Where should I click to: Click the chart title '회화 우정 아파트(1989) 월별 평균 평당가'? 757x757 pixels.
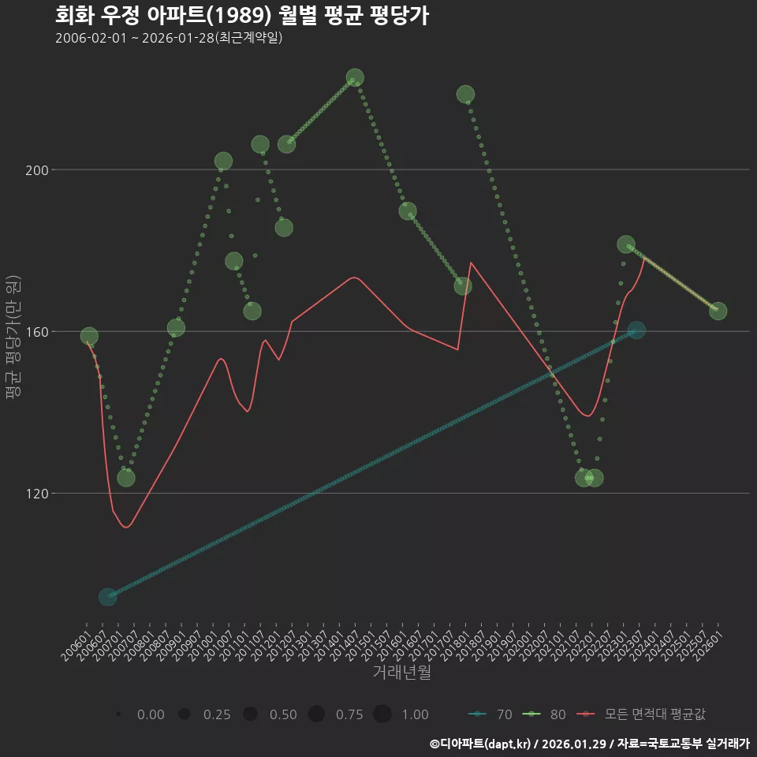(x=242, y=16)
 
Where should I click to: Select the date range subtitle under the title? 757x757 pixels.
(x=169, y=39)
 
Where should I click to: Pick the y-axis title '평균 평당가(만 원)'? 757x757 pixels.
(x=13, y=339)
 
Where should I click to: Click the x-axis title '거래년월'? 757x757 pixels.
(x=401, y=673)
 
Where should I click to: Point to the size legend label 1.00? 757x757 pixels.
(x=415, y=714)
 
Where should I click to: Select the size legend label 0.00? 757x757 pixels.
(x=151, y=714)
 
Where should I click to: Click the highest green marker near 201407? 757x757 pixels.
(x=355, y=78)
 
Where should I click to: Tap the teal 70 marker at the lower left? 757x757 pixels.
(x=108, y=597)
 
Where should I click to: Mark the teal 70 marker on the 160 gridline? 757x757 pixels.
(x=636, y=330)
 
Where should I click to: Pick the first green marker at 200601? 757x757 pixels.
(x=89, y=337)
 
